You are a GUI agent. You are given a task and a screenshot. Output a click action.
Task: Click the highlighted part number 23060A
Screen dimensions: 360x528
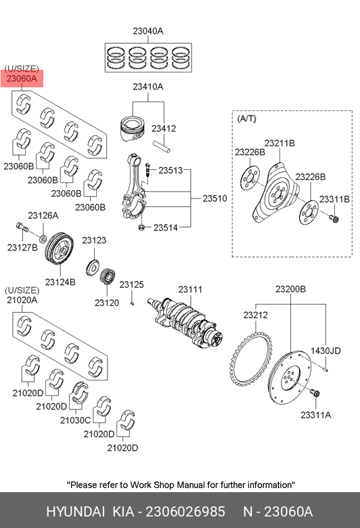coord(22,79)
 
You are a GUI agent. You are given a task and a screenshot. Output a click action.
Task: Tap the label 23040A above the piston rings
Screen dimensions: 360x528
coord(148,31)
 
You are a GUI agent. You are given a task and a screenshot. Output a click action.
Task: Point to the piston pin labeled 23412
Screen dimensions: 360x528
coord(162,146)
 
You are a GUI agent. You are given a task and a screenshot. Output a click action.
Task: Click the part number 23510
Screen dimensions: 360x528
coord(215,198)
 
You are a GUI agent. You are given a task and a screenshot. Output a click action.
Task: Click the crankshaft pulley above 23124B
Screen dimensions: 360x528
coord(60,250)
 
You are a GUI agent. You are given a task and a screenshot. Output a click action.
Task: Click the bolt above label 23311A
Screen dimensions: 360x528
coord(315,394)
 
